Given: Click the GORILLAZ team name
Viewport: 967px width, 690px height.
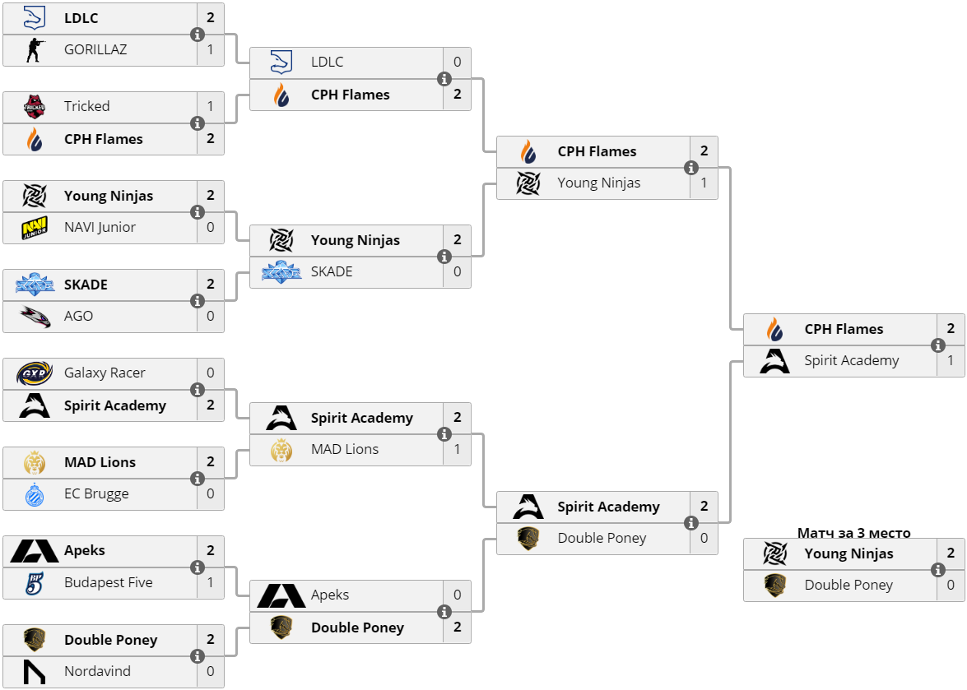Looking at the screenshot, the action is click(x=95, y=50).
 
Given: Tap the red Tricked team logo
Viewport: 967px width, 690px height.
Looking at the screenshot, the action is click(x=35, y=107).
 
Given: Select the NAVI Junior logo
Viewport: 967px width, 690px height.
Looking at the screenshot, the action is click(x=35, y=227).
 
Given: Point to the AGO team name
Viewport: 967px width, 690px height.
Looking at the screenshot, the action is click(x=78, y=316).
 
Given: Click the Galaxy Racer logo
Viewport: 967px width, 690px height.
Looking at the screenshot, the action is click(x=34, y=373).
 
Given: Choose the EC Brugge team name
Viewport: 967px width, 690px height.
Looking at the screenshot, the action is click(x=96, y=494).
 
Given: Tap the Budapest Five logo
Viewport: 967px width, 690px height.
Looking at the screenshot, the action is click(x=35, y=583).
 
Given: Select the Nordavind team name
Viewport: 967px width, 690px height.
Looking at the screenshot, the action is click(x=97, y=671).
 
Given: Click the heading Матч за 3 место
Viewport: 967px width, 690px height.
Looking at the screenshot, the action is click(x=853, y=533).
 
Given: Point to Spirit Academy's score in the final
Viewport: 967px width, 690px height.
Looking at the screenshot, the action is click(x=951, y=360).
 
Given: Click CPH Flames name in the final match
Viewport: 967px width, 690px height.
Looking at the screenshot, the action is click(x=844, y=329).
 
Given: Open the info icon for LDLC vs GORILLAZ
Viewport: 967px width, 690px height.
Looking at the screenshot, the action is click(x=198, y=35).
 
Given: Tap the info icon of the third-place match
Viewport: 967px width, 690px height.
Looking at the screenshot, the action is click(x=938, y=570).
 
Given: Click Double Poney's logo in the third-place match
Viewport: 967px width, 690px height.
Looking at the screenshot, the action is click(x=774, y=586).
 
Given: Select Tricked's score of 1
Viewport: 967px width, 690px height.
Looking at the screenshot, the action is click(x=211, y=107).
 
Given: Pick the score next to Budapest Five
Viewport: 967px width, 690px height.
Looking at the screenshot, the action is click(x=211, y=582).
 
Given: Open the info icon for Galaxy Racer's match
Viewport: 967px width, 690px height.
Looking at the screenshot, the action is click(x=198, y=389).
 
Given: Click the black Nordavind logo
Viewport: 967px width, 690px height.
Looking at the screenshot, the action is click(x=35, y=672).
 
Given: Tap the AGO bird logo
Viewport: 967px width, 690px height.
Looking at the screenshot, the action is click(x=35, y=317).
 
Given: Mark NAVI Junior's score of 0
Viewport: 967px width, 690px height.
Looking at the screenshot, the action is click(x=211, y=227).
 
